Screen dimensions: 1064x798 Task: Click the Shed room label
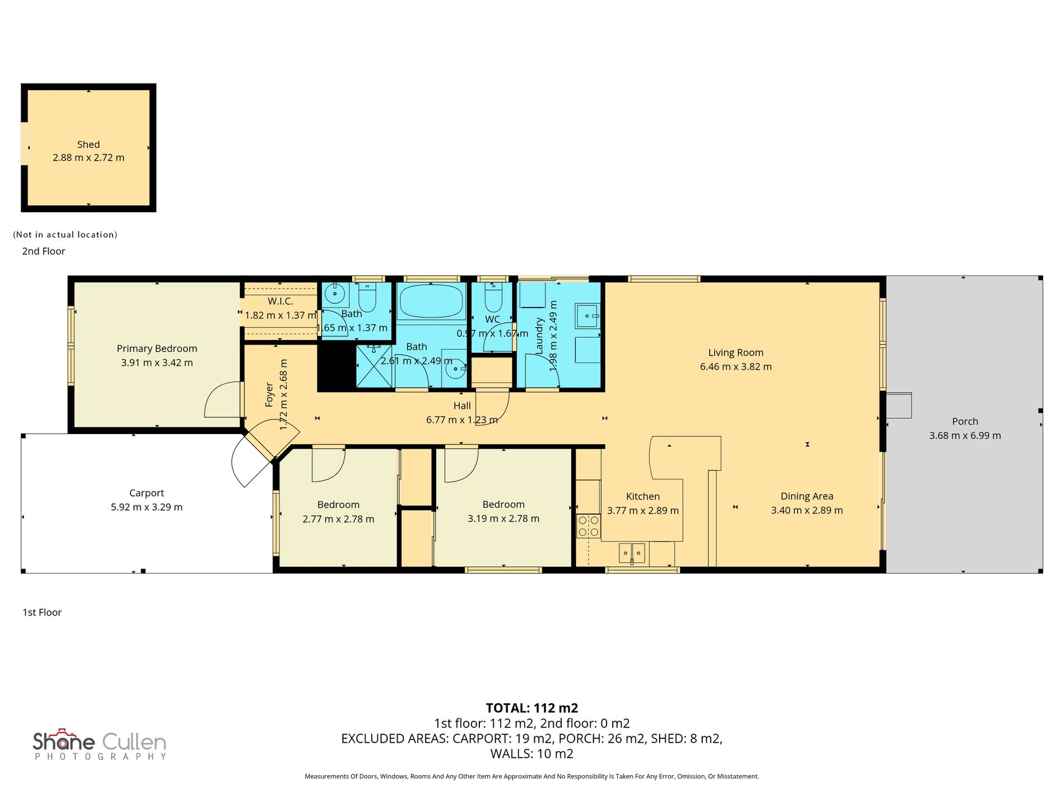(x=88, y=144)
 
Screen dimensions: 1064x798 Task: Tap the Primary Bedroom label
(x=157, y=348)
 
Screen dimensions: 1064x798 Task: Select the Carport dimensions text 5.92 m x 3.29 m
(x=147, y=507)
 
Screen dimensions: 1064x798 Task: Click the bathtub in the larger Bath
(x=431, y=301)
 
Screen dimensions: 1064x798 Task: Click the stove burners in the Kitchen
(x=589, y=526)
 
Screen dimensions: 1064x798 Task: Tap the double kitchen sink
(x=632, y=553)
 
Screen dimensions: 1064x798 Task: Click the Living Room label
(x=736, y=352)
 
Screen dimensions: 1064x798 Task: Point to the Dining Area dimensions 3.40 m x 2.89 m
(x=807, y=510)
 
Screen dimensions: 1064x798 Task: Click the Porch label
(x=965, y=421)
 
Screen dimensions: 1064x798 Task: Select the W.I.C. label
(x=280, y=301)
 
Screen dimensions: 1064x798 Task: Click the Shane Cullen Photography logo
(x=100, y=745)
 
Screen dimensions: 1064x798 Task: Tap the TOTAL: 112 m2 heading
(x=532, y=708)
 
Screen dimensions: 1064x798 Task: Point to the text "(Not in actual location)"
(x=66, y=235)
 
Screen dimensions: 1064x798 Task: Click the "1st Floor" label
(x=42, y=612)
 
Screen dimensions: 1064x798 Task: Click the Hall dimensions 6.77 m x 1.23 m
(x=462, y=419)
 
